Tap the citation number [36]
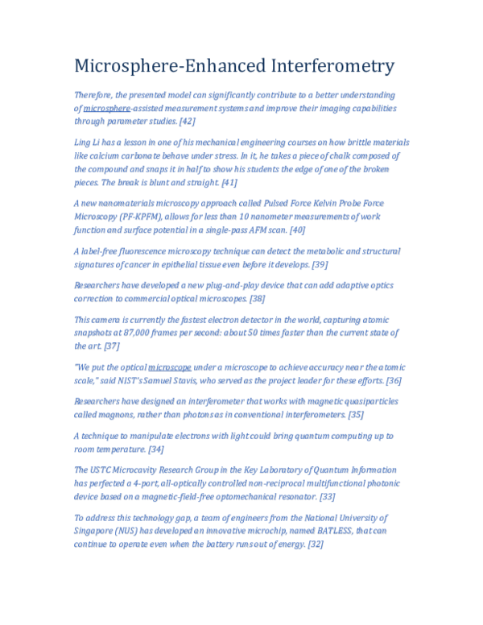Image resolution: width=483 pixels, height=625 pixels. (x=394, y=380)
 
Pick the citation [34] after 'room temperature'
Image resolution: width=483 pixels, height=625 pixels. (x=156, y=449)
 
